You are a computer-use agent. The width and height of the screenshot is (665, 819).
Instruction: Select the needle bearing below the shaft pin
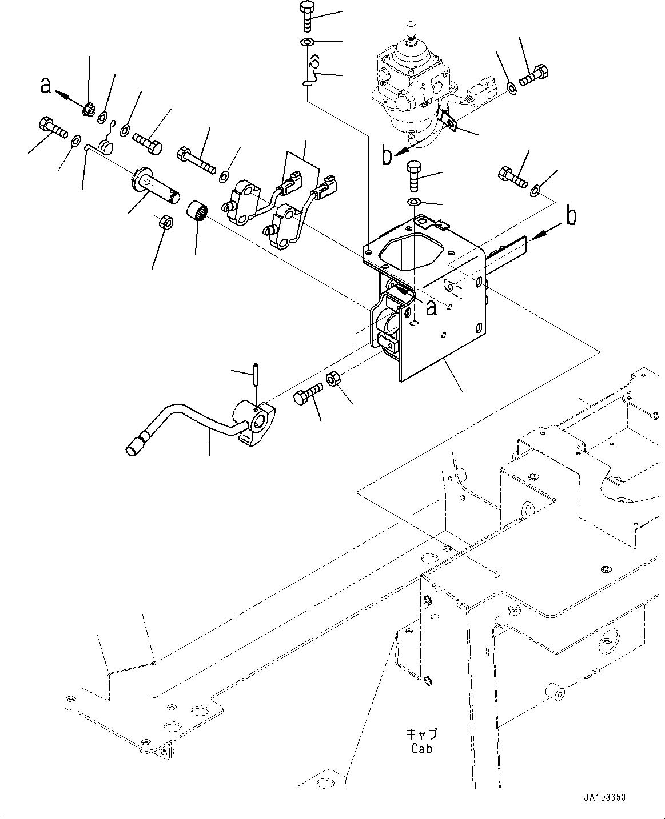click(197, 210)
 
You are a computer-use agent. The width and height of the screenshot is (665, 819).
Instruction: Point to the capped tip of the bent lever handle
click(136, 447)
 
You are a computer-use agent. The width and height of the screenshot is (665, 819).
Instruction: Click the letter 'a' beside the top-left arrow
click(46, 86)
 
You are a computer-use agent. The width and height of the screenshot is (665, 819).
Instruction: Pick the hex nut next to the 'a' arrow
click(89, 108)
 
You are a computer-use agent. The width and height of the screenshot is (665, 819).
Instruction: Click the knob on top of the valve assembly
click(411, 31)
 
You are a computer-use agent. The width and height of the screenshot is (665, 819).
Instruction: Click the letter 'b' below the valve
click(388, 156)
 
